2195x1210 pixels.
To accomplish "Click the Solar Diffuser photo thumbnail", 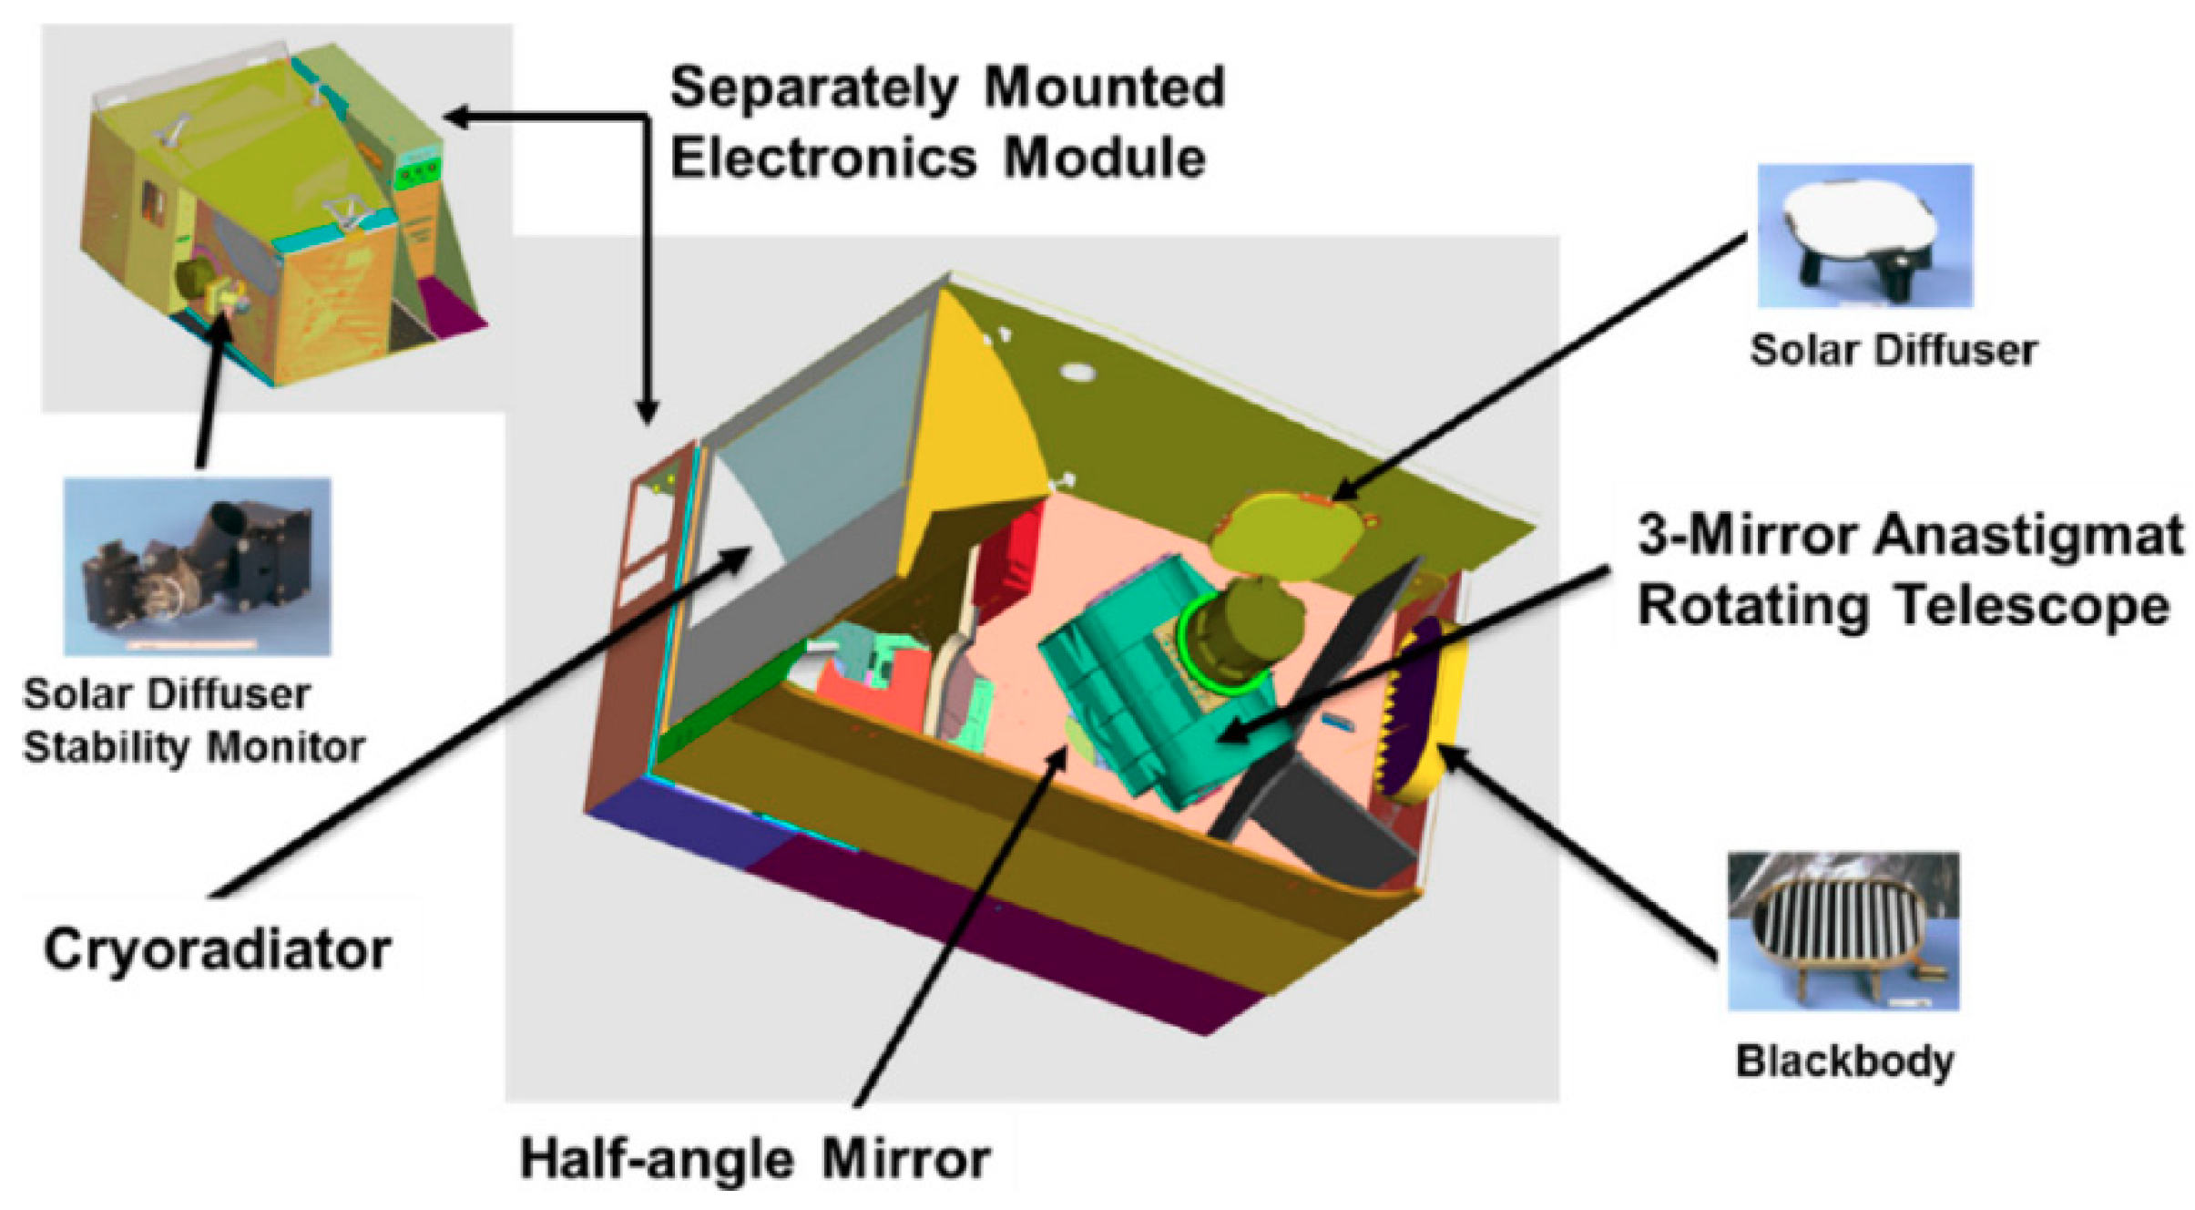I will (1863, 235).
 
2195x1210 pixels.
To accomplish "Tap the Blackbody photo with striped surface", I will (1842, 930).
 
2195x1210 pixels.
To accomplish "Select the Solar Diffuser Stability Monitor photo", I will (197, 566).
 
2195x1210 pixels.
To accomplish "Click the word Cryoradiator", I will (217, 949).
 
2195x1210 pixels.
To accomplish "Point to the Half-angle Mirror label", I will (754, 1159).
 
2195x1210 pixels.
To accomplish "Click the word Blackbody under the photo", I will (1844, 1061).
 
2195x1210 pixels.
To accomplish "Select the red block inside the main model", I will (1011, 556).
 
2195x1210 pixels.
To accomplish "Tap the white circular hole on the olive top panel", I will (1077, 372).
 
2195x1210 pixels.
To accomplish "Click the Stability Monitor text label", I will (193, 748).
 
